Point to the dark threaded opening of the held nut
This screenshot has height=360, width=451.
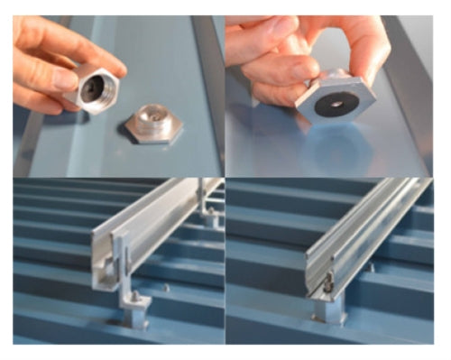(94, 89)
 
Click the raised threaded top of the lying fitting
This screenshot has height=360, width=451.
(152, 115)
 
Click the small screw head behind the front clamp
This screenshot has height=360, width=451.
(166, 289)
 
